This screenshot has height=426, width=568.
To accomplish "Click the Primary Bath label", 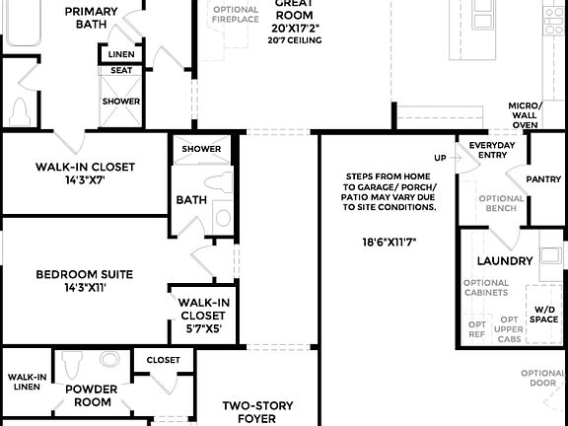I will pyautogui.click(x=91, y=18).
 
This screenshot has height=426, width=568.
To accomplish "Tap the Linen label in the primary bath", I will pyautogui.click(x=122, y=54).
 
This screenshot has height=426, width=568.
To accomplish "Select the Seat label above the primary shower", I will pyautogui.click(x=122, y=70).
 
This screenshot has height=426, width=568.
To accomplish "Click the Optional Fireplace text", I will pyautogui.click(x=236, y=15).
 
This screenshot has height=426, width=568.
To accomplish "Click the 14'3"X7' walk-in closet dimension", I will pyautogui.click(x=85, y=181).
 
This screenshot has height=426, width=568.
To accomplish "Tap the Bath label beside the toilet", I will pyautogui.click(x=190, y=199).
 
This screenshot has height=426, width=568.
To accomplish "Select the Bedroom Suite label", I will pyautogui.click(x=85, y=274).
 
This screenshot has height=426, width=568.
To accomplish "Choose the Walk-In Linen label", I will pyautogui.click(x=26, y=383).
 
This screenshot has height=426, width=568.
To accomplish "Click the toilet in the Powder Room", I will pyautogui.click(x=71, y=366).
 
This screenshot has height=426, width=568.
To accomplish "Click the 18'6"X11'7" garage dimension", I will pyautogui.click(x=389, y=242).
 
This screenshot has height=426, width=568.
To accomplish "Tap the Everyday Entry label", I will pyautogui.click(x=491, y=151).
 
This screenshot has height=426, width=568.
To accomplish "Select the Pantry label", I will pyautogui.click(x=543, y=179).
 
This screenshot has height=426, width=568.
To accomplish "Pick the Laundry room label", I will pyautogui.click(x=505, y=261).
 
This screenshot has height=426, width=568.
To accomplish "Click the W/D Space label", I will pyautogui.click(x=545, y=315).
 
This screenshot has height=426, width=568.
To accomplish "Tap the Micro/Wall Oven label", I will pyautogui.click(x=524, y=115).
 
